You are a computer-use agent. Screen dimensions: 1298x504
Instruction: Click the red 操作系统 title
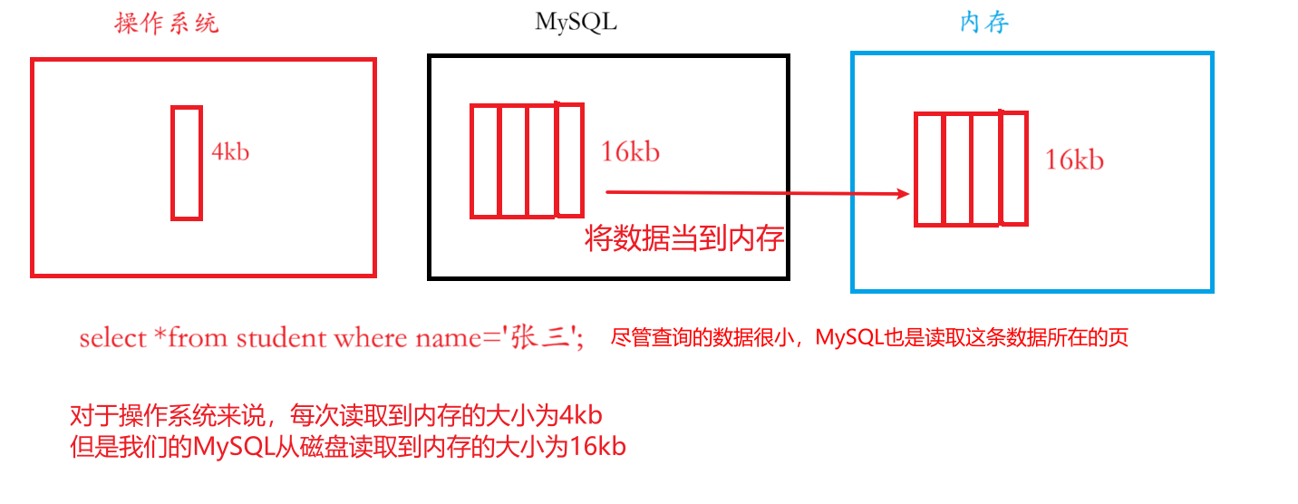tap(167, 24)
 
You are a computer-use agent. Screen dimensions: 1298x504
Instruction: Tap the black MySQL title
tap(576, 23)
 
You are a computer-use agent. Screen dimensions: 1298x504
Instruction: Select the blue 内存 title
tap(984, 24)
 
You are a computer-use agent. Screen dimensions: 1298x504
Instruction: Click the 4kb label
tap(230, 151)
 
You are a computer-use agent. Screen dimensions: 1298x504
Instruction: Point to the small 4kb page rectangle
tap(186, 162)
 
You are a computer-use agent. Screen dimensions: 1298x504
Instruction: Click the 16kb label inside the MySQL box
tap(630, 151)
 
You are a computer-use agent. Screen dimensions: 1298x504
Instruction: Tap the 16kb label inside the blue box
tap(1074, 160)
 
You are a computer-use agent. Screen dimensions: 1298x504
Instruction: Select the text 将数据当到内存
tap(684, 239)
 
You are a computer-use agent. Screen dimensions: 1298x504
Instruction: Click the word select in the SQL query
tap(112, 338)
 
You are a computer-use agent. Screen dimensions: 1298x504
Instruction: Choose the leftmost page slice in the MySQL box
tap(485, 161)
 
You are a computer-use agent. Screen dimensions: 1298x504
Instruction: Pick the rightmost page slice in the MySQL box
tap(568, 160)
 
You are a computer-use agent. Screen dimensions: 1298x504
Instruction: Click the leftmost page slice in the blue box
tap(929, 169)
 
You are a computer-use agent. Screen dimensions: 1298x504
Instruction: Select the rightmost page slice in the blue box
tap(1013, 168)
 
